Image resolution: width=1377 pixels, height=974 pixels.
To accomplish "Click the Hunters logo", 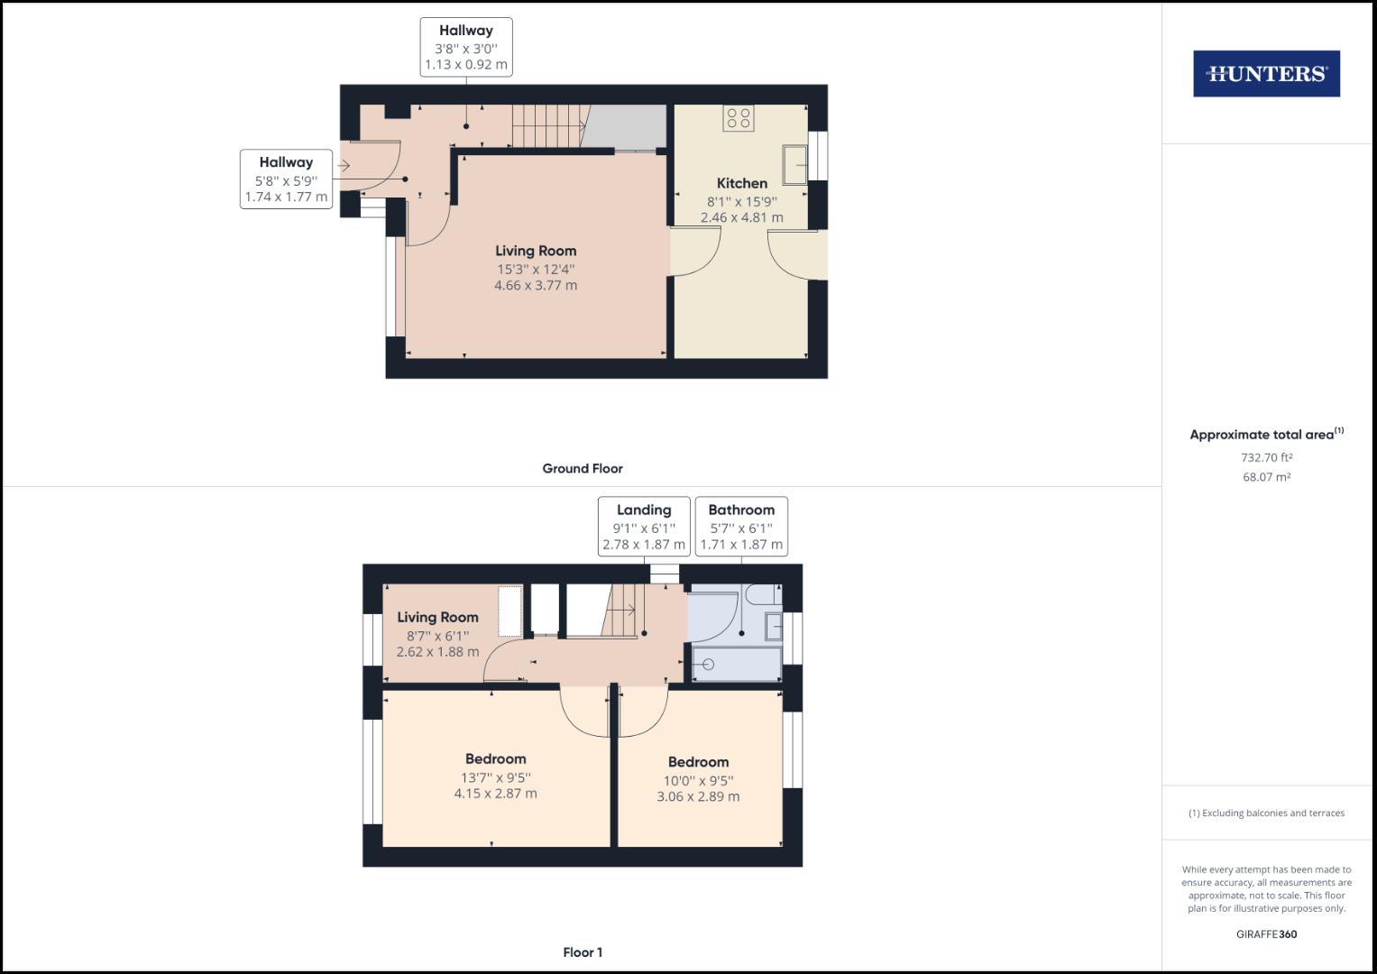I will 1266,73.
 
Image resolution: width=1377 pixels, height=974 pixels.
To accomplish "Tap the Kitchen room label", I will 741,183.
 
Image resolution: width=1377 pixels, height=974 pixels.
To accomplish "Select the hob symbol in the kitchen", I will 739,118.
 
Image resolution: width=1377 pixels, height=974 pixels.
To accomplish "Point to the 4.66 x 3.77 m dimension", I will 535,285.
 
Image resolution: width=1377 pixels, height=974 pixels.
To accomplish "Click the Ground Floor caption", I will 582,468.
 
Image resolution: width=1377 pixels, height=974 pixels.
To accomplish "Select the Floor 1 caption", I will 582,952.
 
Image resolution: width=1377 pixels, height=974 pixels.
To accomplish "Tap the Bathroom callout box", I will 740,527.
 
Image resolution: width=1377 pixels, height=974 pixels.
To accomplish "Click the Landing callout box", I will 643,527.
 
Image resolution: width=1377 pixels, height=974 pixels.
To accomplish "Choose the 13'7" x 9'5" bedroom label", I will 495,776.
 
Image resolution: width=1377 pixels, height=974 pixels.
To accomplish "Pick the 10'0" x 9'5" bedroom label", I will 698,779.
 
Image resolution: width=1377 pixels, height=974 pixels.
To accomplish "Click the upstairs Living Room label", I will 437,618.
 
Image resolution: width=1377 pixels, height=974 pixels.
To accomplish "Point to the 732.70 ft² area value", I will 1266,457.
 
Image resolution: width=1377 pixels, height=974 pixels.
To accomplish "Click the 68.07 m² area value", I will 1266,477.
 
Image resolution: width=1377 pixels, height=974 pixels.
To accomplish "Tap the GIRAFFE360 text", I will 1266,934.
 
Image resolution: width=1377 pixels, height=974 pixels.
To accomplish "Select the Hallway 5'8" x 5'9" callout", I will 286,179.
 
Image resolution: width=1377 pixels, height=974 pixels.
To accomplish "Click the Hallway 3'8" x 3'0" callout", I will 465,47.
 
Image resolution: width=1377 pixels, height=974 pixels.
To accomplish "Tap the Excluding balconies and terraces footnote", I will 1266,813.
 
